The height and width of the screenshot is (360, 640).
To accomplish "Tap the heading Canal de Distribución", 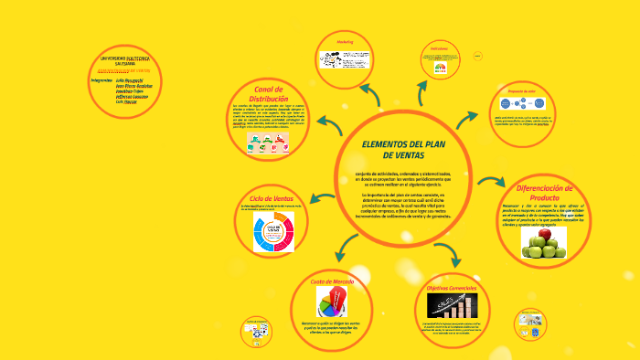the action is (x=270, y=94).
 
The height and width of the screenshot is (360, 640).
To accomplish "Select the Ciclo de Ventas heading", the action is (x=272, y=197).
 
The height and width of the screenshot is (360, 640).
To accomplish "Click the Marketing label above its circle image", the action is (x=345, y=43).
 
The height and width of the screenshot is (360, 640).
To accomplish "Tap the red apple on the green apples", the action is (x=546, y=234).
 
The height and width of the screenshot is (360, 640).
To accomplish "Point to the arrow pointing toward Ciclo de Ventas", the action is (x=323, y=194).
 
